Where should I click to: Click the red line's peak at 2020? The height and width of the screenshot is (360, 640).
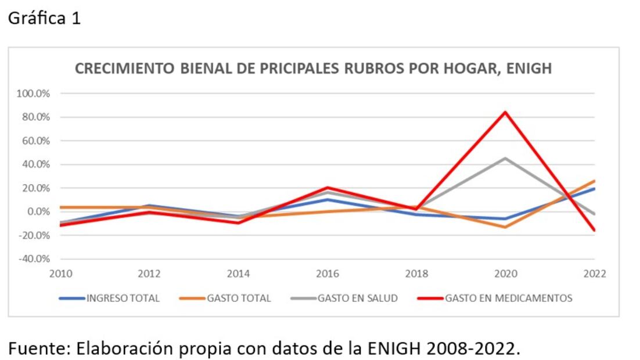(505, 112)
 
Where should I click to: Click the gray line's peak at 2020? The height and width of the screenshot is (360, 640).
(505, 158)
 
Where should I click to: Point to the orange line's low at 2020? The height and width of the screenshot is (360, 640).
(505, 226)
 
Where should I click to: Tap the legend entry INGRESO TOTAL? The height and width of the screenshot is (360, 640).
(123, 298)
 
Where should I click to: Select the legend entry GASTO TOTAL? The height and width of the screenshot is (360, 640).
(239, 298)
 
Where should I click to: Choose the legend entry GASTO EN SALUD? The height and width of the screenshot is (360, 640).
(357, 298)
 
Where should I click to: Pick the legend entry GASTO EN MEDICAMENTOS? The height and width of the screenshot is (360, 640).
(508, 298)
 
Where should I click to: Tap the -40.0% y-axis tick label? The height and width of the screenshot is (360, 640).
(36, 259)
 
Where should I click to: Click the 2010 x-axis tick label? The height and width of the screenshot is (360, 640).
(60, 274)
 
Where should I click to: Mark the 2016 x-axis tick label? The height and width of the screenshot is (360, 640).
(328, 274)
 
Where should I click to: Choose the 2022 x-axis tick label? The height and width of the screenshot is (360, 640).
(594, 274)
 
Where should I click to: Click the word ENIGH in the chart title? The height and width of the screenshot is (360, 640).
(529, 69)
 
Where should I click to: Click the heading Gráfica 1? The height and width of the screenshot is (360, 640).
(44, 19)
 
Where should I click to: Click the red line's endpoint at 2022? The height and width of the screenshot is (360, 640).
(594, 231)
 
